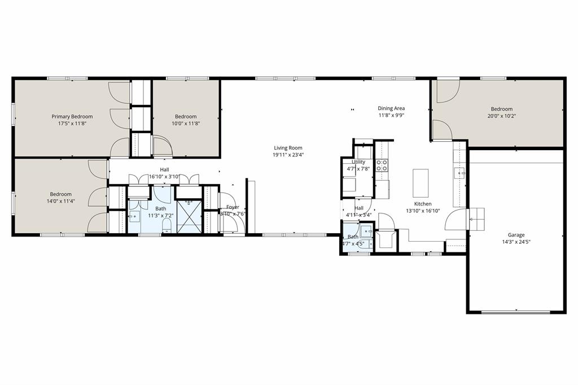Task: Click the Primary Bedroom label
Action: click(72, 116)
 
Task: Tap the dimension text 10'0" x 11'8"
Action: click(186, 123)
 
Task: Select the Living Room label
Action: click(288, 148)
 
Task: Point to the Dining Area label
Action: click(391, 108)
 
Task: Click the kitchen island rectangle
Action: click(421, 183)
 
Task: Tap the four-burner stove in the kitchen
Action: click(382, 165)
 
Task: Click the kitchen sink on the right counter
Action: click(460, 173)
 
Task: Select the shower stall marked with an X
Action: click(189, 216)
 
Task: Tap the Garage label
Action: click(516, 235)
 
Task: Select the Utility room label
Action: click(358, 162)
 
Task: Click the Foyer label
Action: click(233, 207)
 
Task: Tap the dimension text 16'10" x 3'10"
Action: click(164, 176)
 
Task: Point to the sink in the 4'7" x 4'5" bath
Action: click(366, 231)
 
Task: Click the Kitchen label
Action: click(423, 204)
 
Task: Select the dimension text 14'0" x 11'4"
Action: click(60, 200)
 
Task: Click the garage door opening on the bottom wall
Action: click(515, 312)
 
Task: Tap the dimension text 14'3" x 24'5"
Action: click(516, 242)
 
